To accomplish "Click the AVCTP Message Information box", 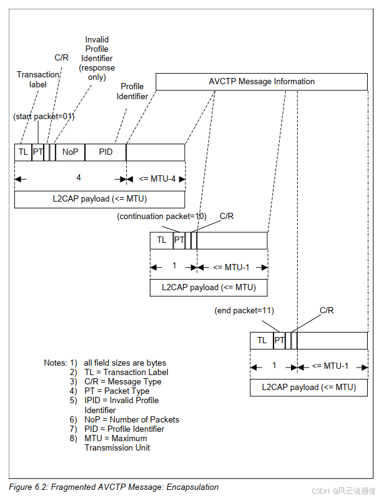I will [261, 82].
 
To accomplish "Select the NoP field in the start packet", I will [70, 152].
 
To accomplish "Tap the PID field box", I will [106, 152].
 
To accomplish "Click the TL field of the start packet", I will [23, 152].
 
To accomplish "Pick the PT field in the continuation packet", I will [179, 240].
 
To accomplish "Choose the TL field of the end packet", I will [262, 340].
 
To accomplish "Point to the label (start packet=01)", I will [44, 117].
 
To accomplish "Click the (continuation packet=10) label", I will [162, 216].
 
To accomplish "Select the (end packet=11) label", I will [244, 310].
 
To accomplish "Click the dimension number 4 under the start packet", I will [79, 178].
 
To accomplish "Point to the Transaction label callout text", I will [37, 79].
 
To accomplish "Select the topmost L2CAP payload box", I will [99, 199].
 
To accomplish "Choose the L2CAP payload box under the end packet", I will [308, 387].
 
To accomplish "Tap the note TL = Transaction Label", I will [126, 372].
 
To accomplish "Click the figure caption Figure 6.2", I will [114, 487].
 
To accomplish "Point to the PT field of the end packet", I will [279, 340].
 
